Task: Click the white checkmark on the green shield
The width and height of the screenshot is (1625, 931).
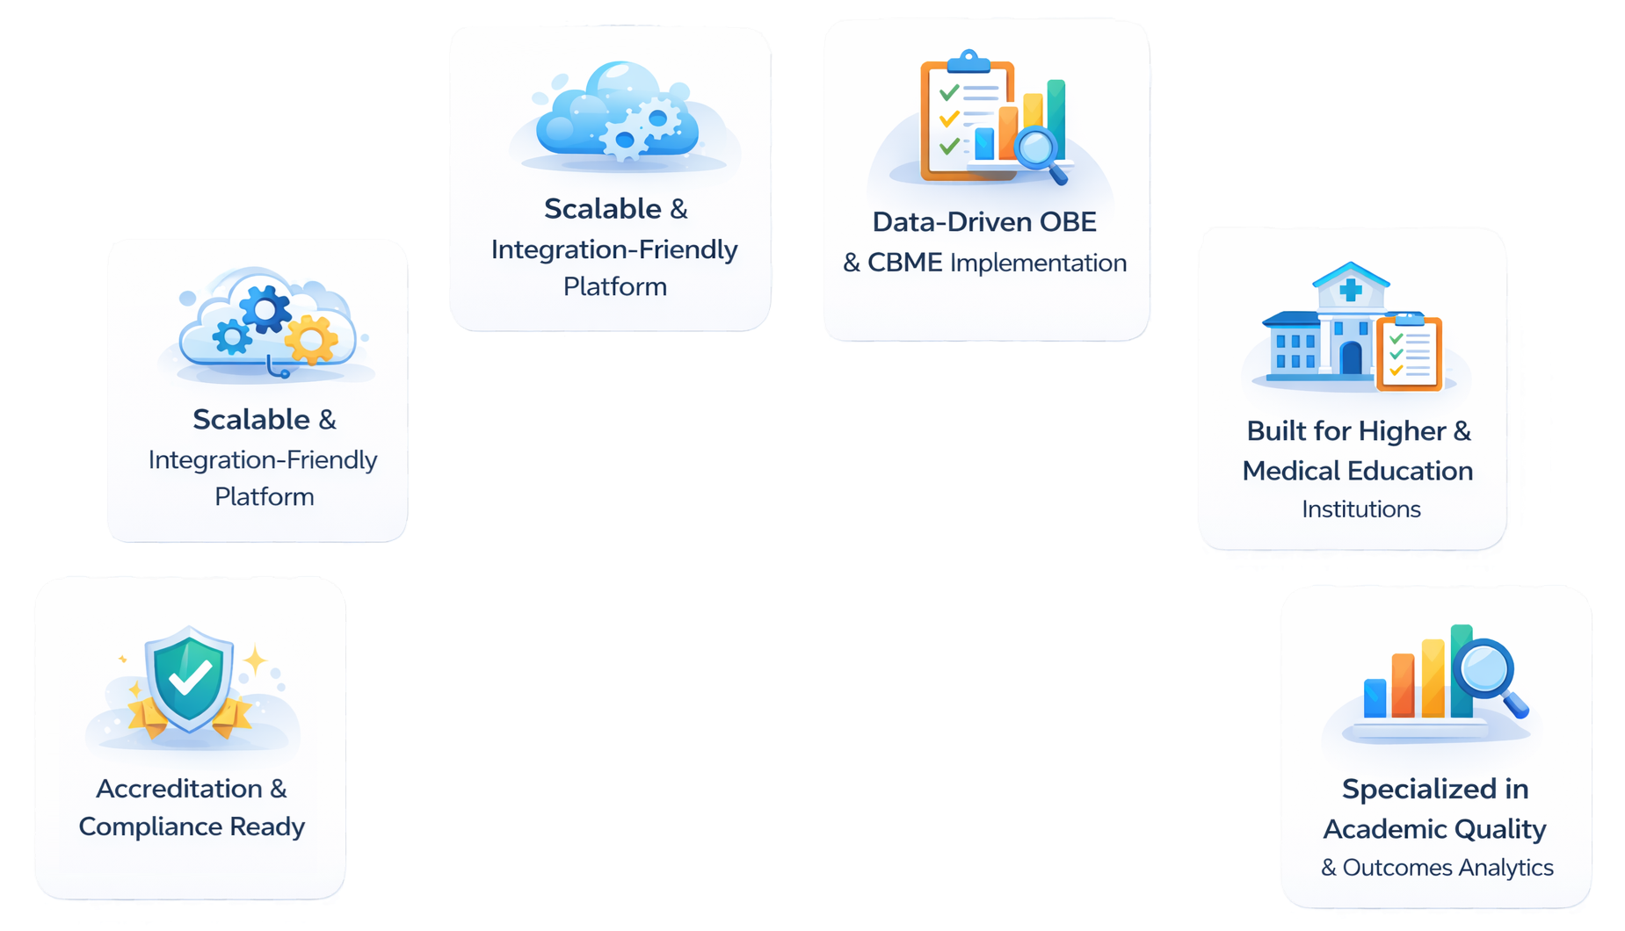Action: [190, 676]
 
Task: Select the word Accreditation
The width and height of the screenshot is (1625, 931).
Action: [179, 789]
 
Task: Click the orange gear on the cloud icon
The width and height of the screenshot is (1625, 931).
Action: [310, 339]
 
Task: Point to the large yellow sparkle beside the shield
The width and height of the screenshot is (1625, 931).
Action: [255, 660]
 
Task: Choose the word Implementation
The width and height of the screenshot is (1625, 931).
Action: [1038, 263]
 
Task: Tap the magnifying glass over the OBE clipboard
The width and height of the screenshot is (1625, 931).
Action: [1037, 147]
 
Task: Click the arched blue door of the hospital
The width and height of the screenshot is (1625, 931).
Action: [1351, 357]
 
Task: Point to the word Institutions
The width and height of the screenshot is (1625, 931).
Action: [1360, 509]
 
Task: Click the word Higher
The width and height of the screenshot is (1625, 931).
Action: [1402, 431]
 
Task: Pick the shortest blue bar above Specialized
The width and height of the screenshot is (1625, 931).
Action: [1375, 698]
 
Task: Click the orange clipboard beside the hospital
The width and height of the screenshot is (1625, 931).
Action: [1410, 353]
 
